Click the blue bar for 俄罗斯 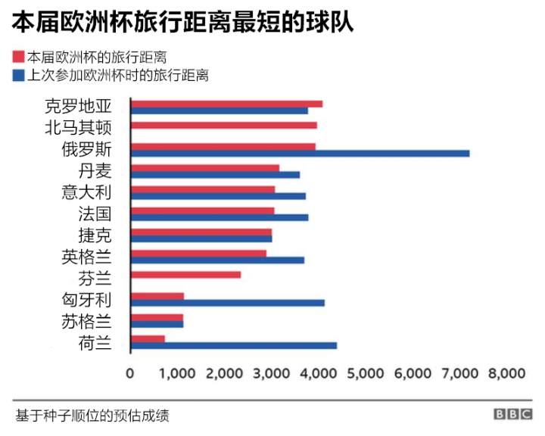tap(300, 154)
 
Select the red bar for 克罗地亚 tap(226, 104)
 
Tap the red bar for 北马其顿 tap(224, 125)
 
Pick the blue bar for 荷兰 tap(234, 345)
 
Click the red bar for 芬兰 tap(185, 274)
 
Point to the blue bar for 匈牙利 tap(228, 303)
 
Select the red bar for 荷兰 tap(148, 338)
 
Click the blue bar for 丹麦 tap(215, 175)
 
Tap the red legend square tap(18, 58)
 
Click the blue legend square tap(18, 75)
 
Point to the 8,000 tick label tap(506, 373)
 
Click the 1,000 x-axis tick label tap(177, 373)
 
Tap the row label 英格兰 tap(86, 257)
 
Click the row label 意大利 tap(86, 192)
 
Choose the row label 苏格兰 tap(86, 321)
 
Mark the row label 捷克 tap(95, 235)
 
